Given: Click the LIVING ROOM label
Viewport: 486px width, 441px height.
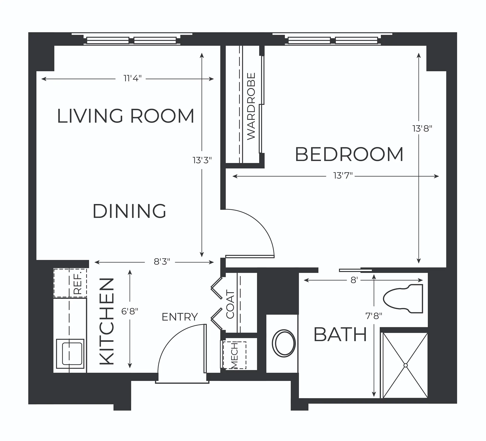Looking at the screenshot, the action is click(126, 116).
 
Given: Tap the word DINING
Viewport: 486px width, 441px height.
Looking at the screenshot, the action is click(129, 211).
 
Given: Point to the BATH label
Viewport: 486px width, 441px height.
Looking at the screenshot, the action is click(340, 335).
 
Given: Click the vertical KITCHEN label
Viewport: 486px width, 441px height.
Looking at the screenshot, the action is click(107, 322).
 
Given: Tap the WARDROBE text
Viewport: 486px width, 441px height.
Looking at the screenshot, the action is click(251, 106).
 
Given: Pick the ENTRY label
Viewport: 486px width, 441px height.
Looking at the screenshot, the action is click(180, 317).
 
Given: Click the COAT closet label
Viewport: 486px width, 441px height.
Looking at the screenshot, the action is click(230, 304).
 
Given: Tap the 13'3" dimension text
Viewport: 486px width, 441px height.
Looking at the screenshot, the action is click(202, 160).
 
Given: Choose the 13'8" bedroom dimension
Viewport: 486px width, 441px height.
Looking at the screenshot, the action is click(422, 129).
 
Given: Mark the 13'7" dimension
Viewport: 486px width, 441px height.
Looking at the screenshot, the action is click(343, 175).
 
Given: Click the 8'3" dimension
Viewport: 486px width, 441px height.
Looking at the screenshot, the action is click(162, 262).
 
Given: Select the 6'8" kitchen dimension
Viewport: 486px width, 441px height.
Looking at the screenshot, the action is click(130, 311).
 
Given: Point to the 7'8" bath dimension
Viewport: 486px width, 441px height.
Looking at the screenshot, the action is click(374, 316).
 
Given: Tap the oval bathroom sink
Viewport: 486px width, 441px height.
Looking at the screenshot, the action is click(284, 343).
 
